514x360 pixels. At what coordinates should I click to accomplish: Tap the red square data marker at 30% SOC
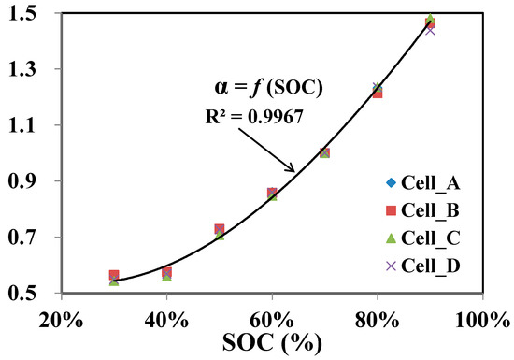[x=114, y=276]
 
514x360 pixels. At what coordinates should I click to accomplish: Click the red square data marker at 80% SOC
[x=378, y=93]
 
